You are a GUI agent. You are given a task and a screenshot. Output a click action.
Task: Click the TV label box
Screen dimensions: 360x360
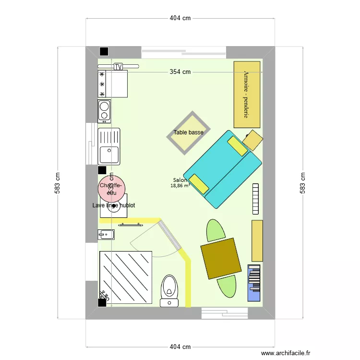118,67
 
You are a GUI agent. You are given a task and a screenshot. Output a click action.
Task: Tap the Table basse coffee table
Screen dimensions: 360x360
188,132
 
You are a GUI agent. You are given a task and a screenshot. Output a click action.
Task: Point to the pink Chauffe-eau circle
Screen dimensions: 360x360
111,185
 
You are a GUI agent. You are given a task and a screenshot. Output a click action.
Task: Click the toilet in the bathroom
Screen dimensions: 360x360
168,289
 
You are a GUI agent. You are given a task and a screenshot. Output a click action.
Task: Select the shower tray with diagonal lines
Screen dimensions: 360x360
126,277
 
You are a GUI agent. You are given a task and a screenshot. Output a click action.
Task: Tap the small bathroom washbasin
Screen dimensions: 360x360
107,235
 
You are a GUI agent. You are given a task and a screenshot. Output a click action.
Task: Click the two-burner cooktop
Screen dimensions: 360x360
104,111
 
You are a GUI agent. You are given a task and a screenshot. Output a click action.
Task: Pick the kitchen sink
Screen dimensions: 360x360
109,147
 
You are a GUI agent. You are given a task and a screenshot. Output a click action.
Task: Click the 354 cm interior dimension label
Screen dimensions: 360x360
180,72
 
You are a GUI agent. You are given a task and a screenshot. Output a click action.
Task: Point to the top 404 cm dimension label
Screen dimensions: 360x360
180,18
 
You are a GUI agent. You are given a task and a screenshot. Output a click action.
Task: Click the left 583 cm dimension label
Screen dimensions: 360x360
59,182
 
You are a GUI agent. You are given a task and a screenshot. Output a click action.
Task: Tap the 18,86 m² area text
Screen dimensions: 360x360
180,185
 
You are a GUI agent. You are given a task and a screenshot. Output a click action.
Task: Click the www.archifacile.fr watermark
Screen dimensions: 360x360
286,353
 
